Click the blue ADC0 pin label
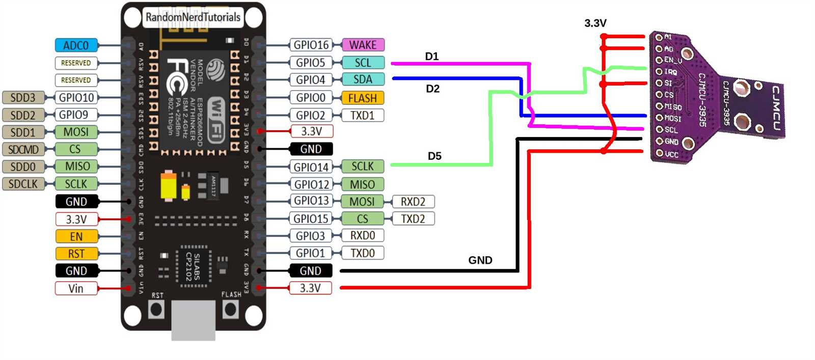click(x=76, y=45)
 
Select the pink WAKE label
click(x=363, y=45)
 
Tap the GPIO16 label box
click(x=311, y=45)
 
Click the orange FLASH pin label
click(x=362, y=98)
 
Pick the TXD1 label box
click(x=362, y=115)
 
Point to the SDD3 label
click(x=23, y=97)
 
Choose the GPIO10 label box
click(x=76, y=97)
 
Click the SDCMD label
click(x=23, y=149)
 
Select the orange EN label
click(x=76, y=236)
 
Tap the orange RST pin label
click(x=76, y=254)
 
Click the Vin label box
click(x=76, y=288)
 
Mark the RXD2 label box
click(x=413, y=201)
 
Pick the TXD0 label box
click(x=362, y=253)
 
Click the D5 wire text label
click(x=434, y=156)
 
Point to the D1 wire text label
click(x=432, y=56)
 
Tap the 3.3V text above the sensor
click(x=595, y=23)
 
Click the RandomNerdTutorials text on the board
click(x=193, y=17)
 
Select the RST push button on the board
click(x=156, y=309)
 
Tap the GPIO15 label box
click(x=311, y=218)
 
